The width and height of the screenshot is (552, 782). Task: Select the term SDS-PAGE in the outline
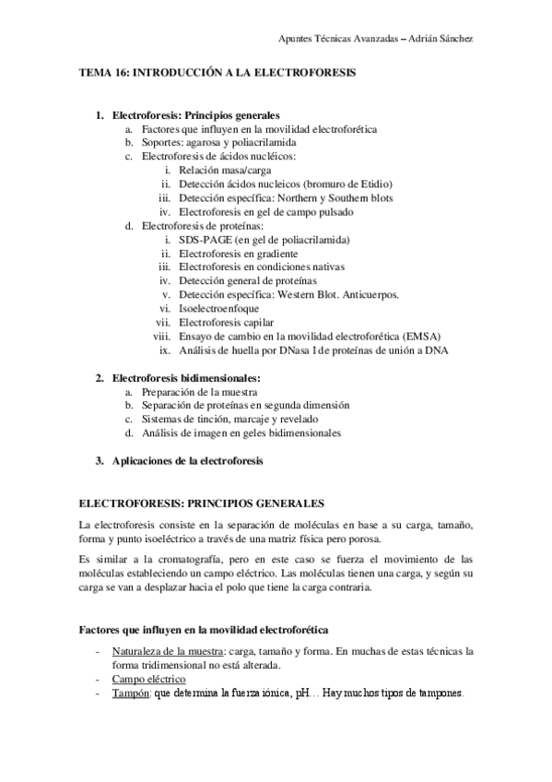[x=207, y=240]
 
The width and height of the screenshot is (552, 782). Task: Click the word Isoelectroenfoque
[x=219, y=309]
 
